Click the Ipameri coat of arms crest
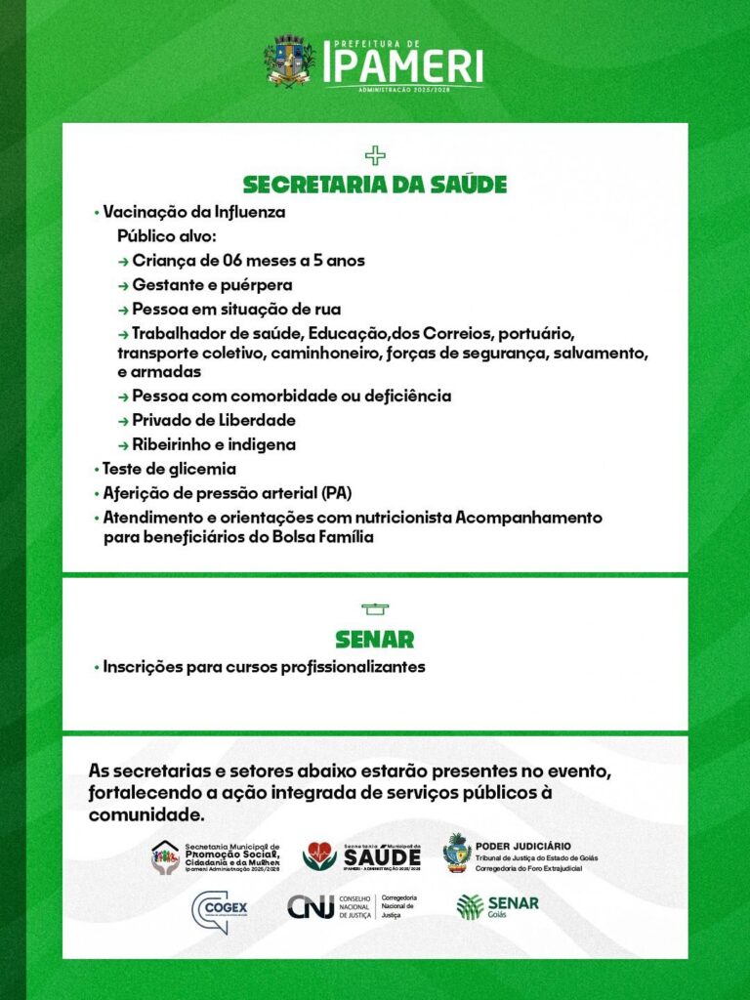[290, 61]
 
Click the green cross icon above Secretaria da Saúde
[375, 154]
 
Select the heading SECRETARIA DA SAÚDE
[375, 185]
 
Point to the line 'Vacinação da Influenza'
[194, 212]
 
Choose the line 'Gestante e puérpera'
[212, 285]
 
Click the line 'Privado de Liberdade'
[213, 420]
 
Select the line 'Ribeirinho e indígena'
[213, 444]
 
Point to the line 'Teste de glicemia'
[169, 469]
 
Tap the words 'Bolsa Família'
[326, 537]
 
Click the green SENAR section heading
[375, 640]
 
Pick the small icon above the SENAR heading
[375, 609]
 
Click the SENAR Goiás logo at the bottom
[497, 906]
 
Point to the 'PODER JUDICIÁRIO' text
[523, 846]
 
